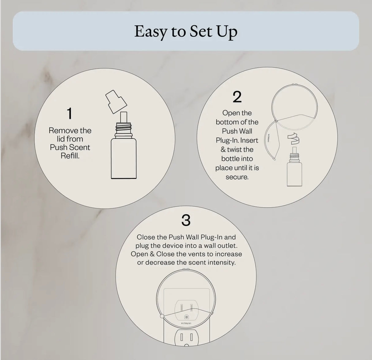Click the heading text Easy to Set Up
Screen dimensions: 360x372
pos(186,32)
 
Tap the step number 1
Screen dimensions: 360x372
pos(70,113)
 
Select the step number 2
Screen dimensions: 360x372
pos(237,97)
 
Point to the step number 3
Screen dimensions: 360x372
pos(186,220)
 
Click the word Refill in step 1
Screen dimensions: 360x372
pos(70,156)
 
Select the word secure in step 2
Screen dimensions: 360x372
pos(237,177)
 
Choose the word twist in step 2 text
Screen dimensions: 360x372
pos(235,150)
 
